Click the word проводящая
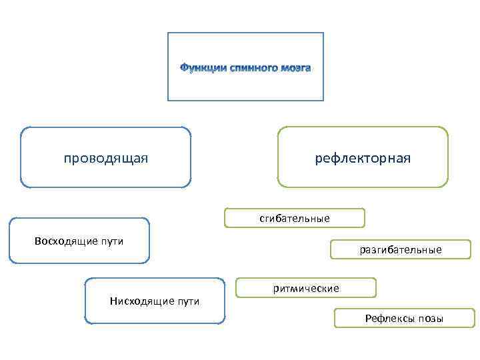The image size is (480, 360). pyautogui.click(x=105, y=158)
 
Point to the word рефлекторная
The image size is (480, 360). pyautogui.click(x=363, y=158)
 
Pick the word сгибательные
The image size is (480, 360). pyautogui.click(x=295, y=219)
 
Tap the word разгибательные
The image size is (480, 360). pyautogui.click(x=400, y=250)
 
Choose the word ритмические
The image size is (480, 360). pyautogui.click(x=306, y=289)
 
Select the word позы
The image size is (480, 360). pyautogui.click(x=431, y=319)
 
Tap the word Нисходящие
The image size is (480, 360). pyautogui.click(x=138, y=301)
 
